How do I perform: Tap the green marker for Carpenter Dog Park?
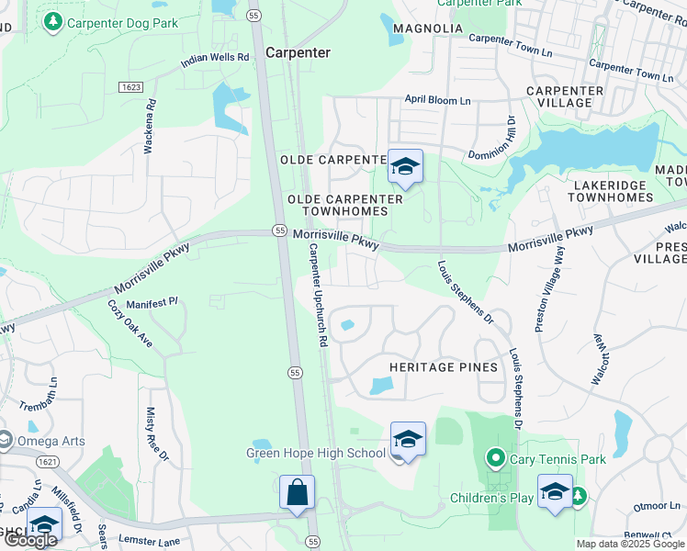pyautogui.click(x=53, y=21)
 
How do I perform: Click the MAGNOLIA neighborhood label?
pyautogui.click(x=428, y=28)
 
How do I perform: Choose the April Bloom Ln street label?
pyautogui.click(x=438, y=99)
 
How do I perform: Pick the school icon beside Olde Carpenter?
pyautogui.click(x=404, y=166)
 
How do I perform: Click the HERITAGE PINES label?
pyautogui.click(x=444, y=367)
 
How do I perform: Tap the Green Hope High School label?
pyautogui.click(x=316, y=453)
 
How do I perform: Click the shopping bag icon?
pyautogui.click(x=298, y=492)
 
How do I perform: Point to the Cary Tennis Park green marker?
pyautogui.click(x=496, y=456)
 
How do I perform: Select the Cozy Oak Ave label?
pyautogui.click(x=130, y=323)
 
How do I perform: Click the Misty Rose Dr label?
pyautogui.click(x=156, y=434)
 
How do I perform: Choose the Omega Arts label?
pyautogui.click(x=51, y=441)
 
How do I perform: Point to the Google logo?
pyautogui.click(x=30, y=540)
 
